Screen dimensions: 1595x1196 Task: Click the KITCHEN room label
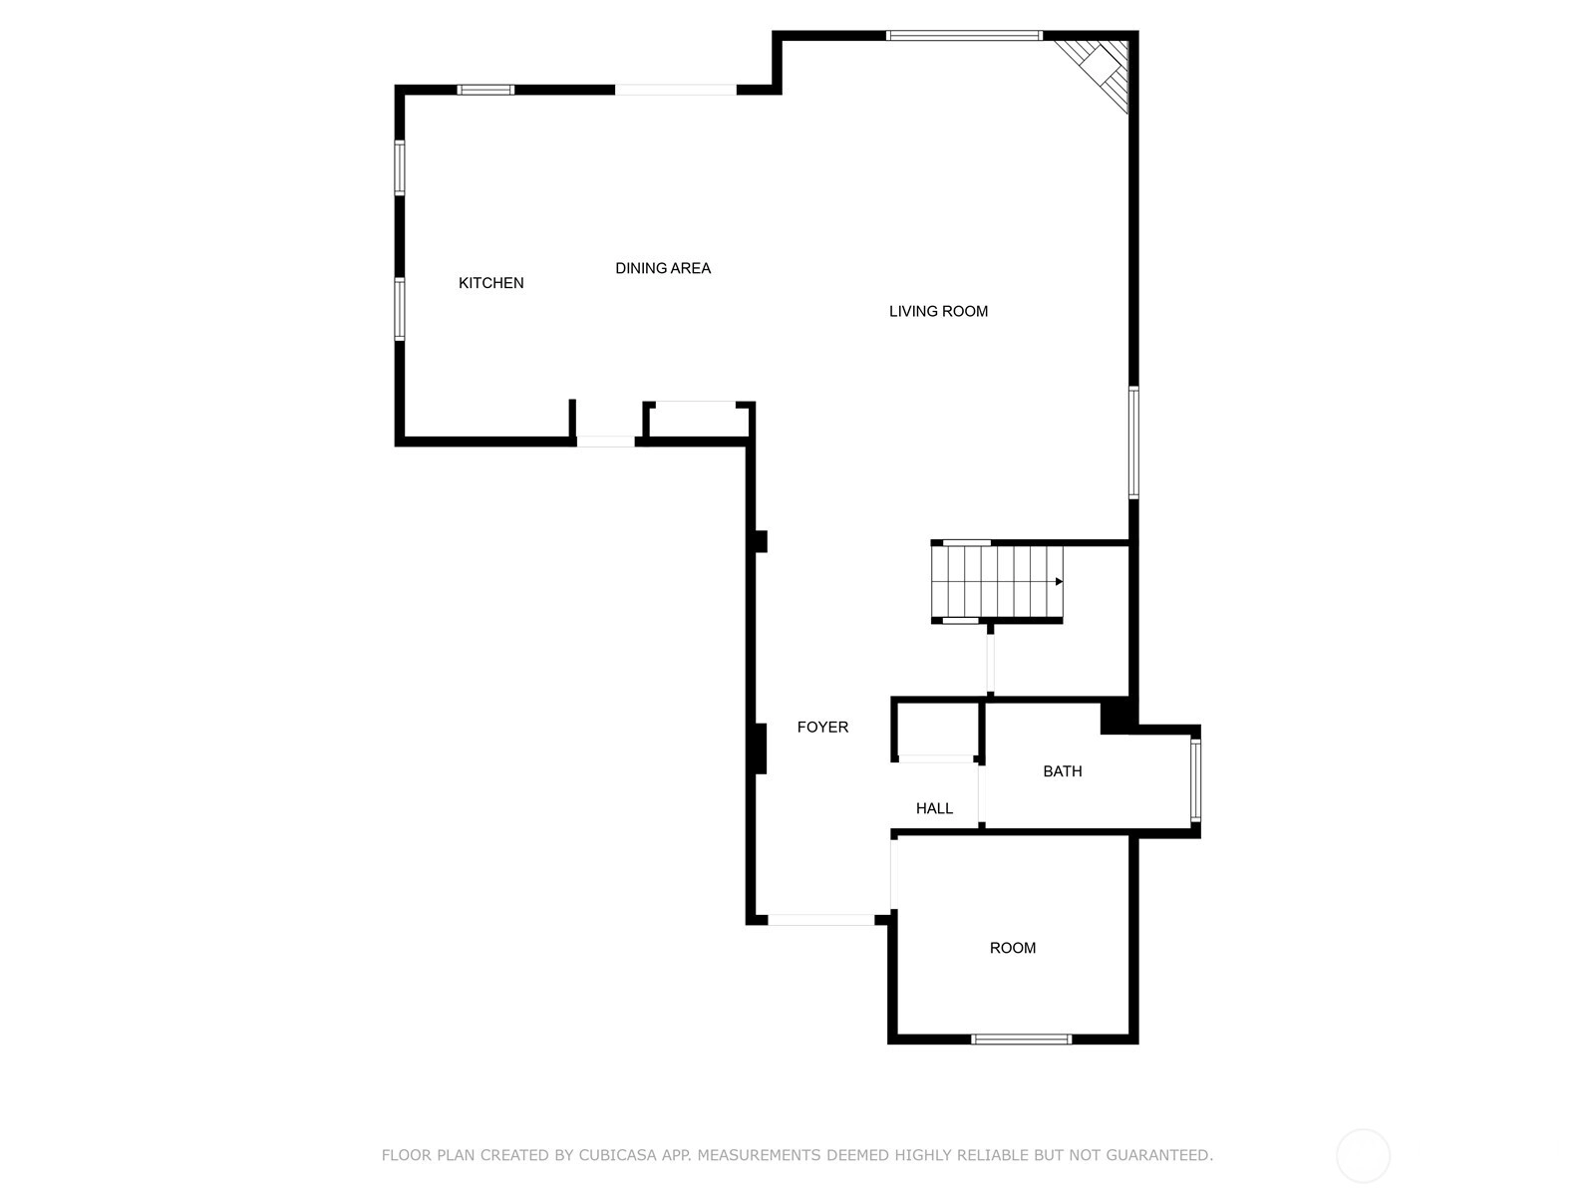click(x=490, y=283)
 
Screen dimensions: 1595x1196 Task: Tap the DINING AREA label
click(x=663, y=269)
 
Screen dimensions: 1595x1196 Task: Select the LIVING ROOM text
click(x=938, y=312)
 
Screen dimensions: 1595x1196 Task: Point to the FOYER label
click(x=822, y=727)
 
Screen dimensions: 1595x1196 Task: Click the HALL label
click(x=934, y=808)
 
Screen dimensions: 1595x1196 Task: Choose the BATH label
click(x=1063, y=771)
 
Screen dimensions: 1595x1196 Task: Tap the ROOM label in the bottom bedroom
click(x=1012, y=948)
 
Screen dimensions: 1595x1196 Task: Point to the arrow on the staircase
click(x=1059, y=582)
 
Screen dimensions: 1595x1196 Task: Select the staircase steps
click(x=997, y=582)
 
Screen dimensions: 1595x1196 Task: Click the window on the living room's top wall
click(x=964, y=36)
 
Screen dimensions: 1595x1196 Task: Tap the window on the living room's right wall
click(x=1133, y=443)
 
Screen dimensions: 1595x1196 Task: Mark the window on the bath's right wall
click(x=1195, y=780)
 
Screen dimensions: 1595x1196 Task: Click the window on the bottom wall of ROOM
click(x=1021, y=1040)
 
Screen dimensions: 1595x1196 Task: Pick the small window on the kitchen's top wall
click(x=485, y=90)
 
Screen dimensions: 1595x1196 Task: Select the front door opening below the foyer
click(x=821, y=920)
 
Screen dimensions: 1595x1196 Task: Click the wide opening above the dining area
click(x=676, y=90)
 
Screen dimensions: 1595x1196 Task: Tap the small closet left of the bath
click(x=936, y=730)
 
